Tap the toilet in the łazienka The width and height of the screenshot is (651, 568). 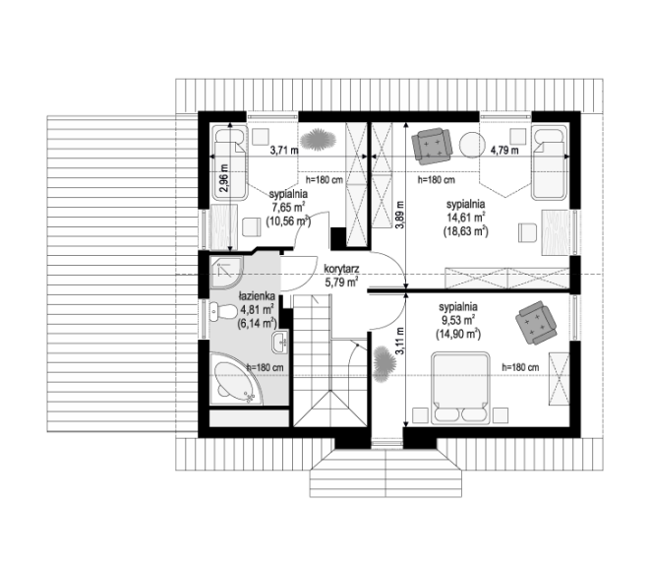pyautogui.click(x=222, y=312)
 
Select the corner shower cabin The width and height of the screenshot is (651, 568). pyautogui.click(x=225, y=273)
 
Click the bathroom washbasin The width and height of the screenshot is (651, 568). pyautogui.click(x=280, y=343)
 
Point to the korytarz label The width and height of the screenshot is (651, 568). pyautogui.click(x=341, y=269)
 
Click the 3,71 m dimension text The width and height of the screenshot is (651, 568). pyautogui.click(x=284, y=150)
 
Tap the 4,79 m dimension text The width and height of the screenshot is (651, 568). pyautogui.click(x=504, y=150)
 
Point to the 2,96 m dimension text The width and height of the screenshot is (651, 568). pyautogui.click(x=224, y=178)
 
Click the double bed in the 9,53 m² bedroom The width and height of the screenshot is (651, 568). pyautogui.click(x=460, y=388)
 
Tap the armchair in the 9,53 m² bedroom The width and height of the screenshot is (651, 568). pyautogui.click(x=536, y=323)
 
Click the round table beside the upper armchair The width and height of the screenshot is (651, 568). pyautogui.click(x=472, y=145)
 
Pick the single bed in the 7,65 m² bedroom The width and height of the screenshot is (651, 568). pyautogui.click(x=230, y=163)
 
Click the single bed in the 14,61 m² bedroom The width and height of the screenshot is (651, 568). pyautogui.click(x=549, y=163)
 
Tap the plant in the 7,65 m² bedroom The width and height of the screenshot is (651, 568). pyautogui.click(x=318, y=140)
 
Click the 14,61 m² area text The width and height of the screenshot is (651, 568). pyautogui.click(x=466, y=218)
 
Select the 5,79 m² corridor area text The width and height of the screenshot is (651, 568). pyautogui.click(x=341, y=283)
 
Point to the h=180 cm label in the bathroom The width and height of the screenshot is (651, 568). pyautogui.click(x=265, y=368)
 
